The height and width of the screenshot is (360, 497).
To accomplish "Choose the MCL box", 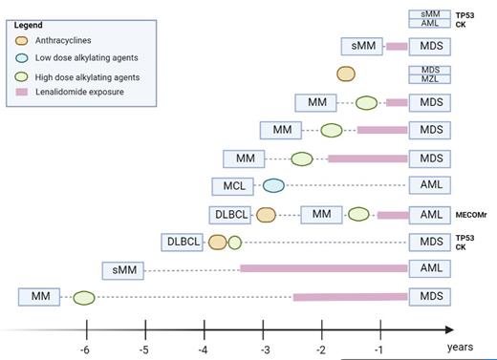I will click(232, 186).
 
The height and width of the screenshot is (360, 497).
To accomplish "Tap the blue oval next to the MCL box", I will click(273, 186).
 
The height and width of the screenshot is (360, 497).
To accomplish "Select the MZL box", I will click(430, 79).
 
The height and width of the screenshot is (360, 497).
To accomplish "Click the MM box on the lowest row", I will click(40, 297).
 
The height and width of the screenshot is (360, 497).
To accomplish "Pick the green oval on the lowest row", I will click(84, 298).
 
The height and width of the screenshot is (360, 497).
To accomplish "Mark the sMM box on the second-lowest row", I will click(125, 269).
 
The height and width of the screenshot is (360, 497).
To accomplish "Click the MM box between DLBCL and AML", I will click(321, 214).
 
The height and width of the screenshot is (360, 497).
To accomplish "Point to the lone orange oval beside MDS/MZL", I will click(346, 74).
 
